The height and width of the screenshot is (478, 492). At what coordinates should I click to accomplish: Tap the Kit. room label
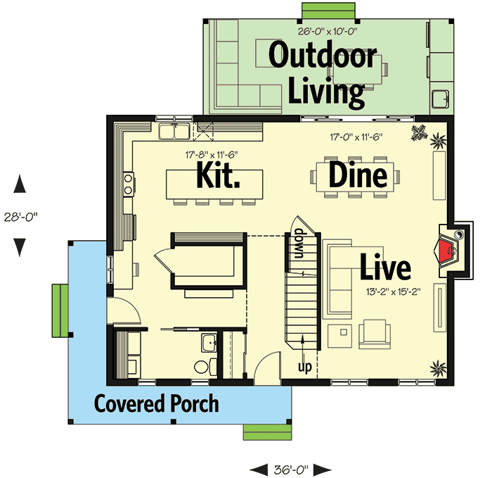(x=219, y=175)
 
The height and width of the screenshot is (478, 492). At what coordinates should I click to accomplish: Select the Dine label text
(x=358, y=175)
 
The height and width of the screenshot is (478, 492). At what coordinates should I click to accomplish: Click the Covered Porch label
(x=156, y=404)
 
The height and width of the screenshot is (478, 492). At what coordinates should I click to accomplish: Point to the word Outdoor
(x=323, y=56)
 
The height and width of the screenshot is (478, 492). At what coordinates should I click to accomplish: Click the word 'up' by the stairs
(x=304, y=367)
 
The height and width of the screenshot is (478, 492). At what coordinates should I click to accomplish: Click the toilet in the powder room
(x=201, y=367)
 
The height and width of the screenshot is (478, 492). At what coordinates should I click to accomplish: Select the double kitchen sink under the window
(x=172, y=130)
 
